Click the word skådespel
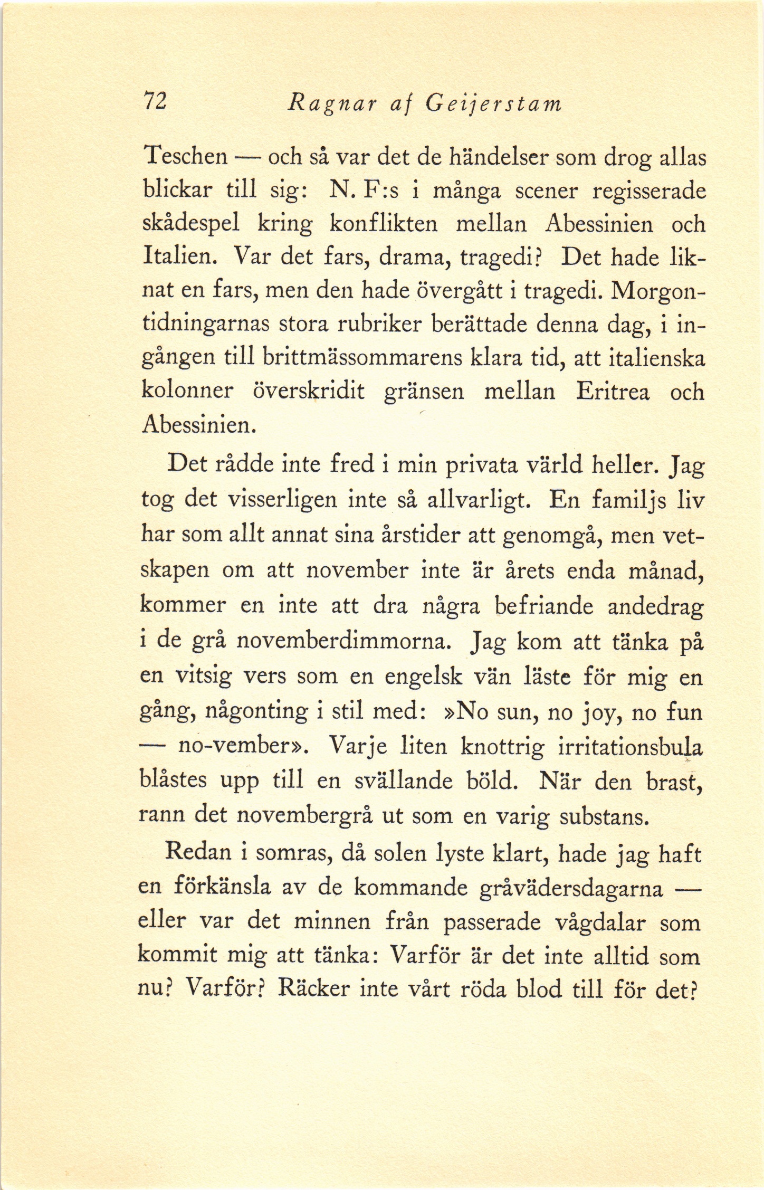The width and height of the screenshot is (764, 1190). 192,224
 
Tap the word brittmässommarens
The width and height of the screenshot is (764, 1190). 359,358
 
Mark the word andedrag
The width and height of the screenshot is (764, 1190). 655,607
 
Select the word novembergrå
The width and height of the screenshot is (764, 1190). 305,816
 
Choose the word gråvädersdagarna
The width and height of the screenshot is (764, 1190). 571,888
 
